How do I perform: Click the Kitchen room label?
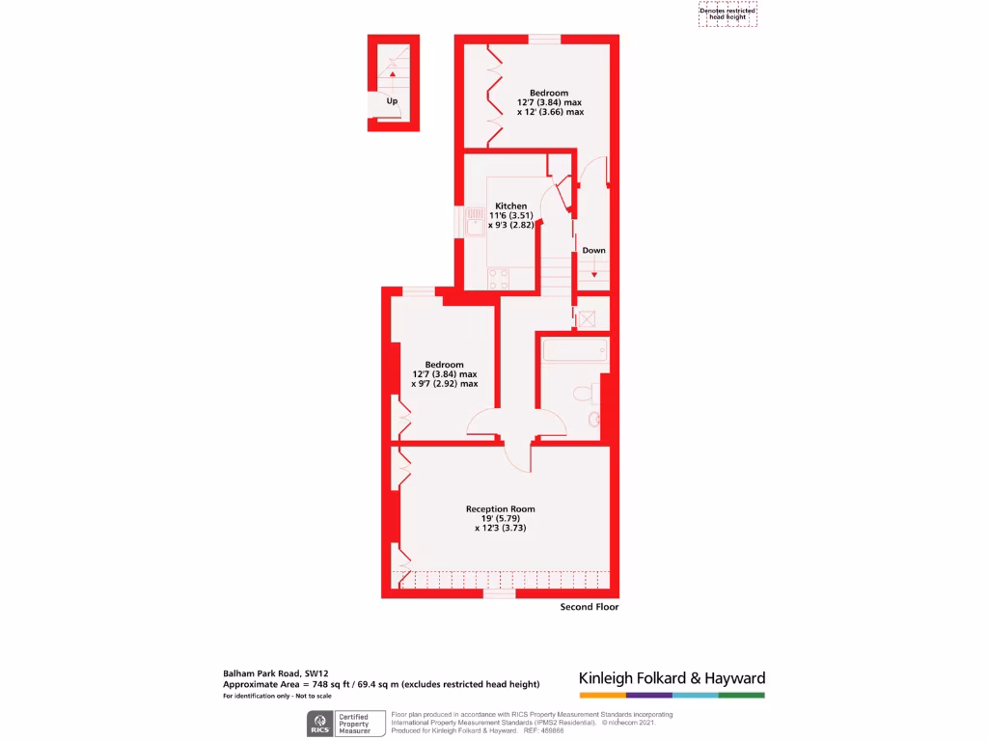click(511, 206)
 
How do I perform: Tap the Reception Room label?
click(500, 508)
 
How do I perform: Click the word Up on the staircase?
click(392, 101)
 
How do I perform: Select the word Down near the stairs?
click(594, 251)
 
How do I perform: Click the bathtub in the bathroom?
click(575, 349)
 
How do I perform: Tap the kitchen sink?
click(475, 228)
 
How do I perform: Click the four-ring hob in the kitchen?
click(499, 279)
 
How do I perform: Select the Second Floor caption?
click(590, 607)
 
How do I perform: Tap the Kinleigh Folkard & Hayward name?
click(672, 678)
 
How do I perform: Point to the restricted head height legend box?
click(727, 14)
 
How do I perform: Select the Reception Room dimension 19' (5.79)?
click(500, 518)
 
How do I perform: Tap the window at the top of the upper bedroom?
click(544, 40)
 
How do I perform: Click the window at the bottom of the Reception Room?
click(499, 593)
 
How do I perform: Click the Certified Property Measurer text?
click(353, 725)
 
